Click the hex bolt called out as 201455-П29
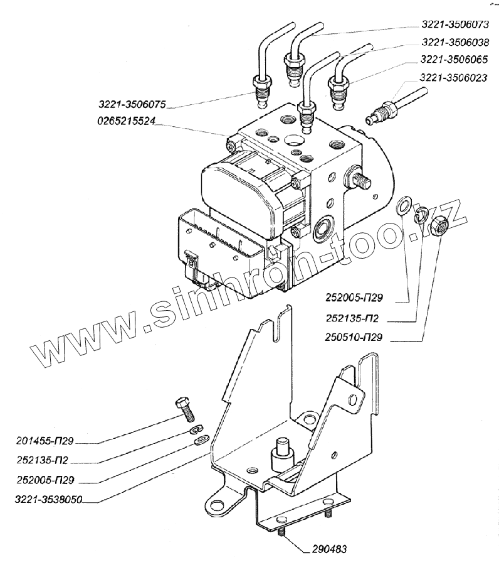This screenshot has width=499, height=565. (186, 408)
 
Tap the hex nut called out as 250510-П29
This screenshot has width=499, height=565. (439, 224)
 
